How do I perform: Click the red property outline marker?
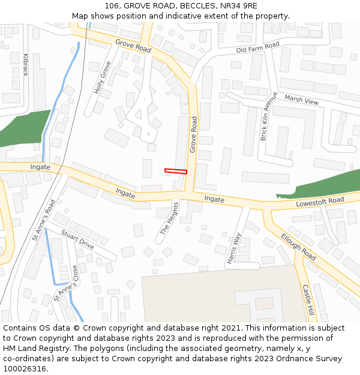(176, 172)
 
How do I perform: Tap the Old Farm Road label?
(258, 47)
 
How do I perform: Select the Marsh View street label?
(302, 100)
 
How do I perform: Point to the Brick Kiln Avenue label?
(268, 116)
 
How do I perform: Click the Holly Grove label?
(103, 77)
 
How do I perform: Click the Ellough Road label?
(298, 247)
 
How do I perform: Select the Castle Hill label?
(308, 300)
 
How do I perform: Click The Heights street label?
(169, 218)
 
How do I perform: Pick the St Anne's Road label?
(44, 220)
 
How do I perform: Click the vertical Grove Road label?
(193, 134)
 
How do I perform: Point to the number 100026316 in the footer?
(23, 369)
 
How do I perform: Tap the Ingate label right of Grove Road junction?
(214, 199)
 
